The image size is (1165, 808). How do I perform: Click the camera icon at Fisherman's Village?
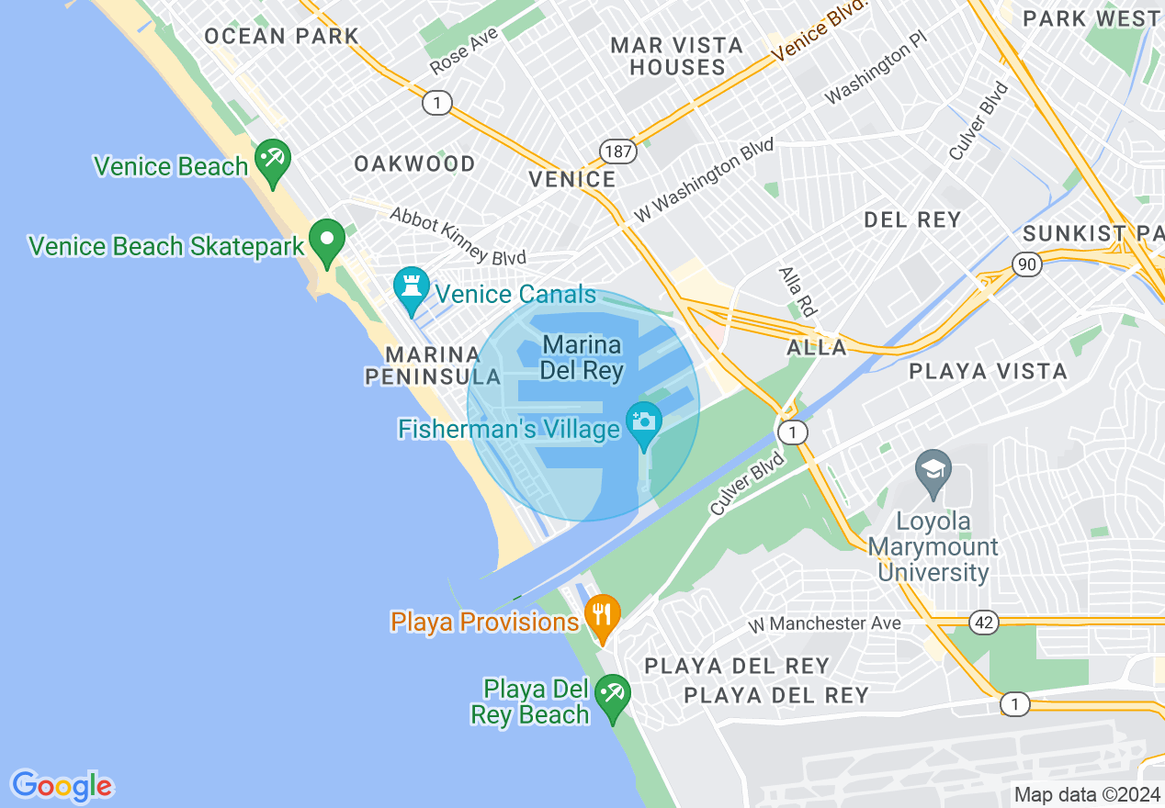click(644, 421)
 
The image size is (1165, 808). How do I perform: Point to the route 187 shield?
click(619, 151)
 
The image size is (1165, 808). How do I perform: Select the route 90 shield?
click(1027, 264)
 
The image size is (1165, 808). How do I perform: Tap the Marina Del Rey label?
click(582, 358)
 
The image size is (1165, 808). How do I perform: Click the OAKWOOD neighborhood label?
click(415, 163)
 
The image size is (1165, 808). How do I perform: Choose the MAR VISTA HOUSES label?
click(677, 56)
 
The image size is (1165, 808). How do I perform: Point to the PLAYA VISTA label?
click(988, 371)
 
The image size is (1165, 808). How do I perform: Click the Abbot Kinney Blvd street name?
click(458, 236)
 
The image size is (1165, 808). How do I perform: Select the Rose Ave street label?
click(464, 50)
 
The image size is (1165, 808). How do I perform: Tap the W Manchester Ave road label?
click(824, 624)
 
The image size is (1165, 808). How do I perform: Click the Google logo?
click(62, 786)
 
